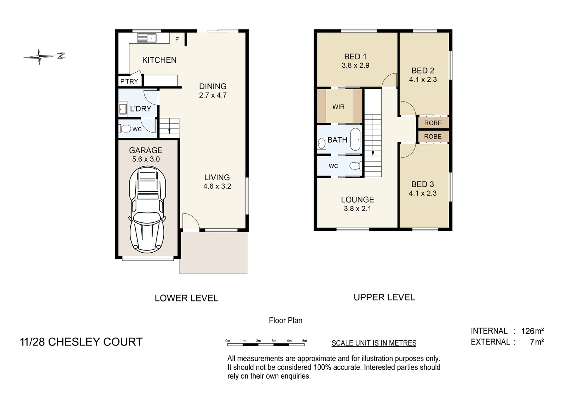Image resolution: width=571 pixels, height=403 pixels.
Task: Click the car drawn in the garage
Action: coord(146,210)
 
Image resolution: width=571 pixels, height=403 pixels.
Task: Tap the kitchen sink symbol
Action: coord(147,38)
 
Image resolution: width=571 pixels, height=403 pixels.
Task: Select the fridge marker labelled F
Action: coord(177,40)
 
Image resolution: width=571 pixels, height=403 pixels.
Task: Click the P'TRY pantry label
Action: coord(129,81)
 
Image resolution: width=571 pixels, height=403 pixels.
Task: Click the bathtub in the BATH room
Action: coord(355,140)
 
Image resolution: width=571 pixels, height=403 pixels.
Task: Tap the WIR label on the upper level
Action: coord(338,107)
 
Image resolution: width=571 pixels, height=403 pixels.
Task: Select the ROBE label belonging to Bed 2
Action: coord(433,123)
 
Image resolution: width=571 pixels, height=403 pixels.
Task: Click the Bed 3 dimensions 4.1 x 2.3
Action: coord(423,193)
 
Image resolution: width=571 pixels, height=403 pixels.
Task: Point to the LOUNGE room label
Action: coord(357,200)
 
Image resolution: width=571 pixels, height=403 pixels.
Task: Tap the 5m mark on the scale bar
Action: coord(304,341)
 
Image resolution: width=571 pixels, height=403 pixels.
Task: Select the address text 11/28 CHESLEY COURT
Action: coord(81,342)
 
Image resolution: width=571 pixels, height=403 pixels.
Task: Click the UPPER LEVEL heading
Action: coord(384,297)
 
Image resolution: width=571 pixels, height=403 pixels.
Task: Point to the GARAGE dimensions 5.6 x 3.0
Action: coord(146,159)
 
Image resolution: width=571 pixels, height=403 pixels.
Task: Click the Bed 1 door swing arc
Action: coord(389,79)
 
